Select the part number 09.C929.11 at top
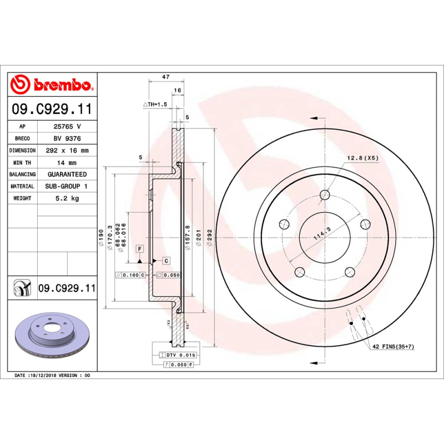pyautogui.click(x=52, y=110)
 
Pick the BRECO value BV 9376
pyautogui.click(x=67, y=139)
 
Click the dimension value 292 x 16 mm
pyautogui.click(x=67, y=150)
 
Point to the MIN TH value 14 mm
pyautogui.click(x=67, y=163)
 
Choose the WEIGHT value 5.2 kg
pyautogui.click(x=67, y=198)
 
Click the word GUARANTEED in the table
pyautogui.click(x=67, y=174)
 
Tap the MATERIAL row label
pyautogui.click(x=22, y=186)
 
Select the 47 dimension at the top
pyautogui.click(x=165, y=77)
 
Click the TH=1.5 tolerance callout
pyautogui.click(x=155, y=104)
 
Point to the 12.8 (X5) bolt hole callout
pyautogui.click(x=362, y=158)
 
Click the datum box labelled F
pyautogui.click(x=139, y=249)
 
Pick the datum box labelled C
pyautogui.click(x=165, y=260)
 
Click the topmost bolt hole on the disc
pyautogui.click(x=325, y=195)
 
